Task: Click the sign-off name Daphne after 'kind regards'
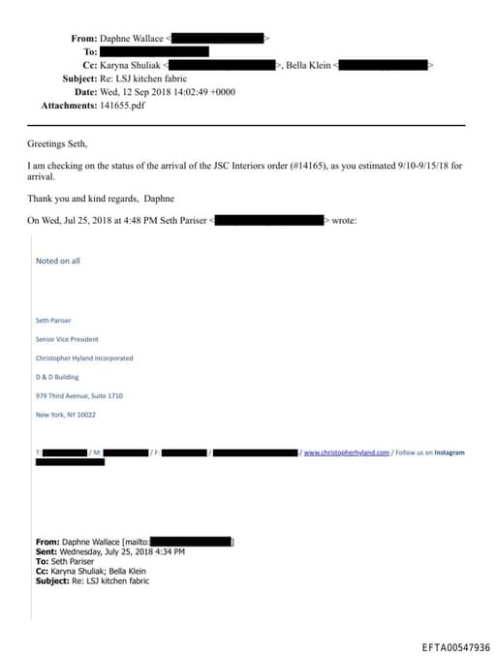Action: tap(159, 199)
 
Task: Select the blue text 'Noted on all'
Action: tap(57, 261)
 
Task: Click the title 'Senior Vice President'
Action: tap(67, 339)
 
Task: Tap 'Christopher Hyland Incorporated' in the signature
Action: tap(84, 358)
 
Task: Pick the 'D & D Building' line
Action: tap(57, 376)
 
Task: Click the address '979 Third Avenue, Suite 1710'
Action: tap(79, 395)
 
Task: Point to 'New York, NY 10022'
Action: tap(65, 415)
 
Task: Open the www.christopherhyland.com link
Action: tap(347, 453)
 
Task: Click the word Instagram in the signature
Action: tap(449, 453)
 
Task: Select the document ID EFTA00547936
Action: tap(456, 647)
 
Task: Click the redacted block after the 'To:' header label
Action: tap(154, 50)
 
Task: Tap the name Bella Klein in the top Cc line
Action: tap(309, 64)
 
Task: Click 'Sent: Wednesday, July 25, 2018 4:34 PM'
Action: tap(109, 551)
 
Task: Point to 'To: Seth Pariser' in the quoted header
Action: tap(65, 561)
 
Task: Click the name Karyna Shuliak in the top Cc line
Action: tap(133, 64)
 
